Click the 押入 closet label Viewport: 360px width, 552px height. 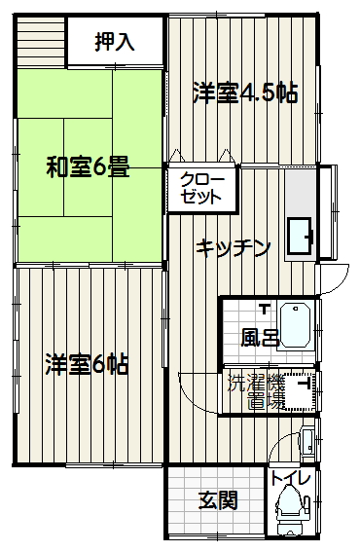click(115, 42)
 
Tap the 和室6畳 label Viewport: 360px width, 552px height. click(88, 166)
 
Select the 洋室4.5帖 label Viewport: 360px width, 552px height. click(245, 92)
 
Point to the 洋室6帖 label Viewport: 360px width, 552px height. click(87, 364)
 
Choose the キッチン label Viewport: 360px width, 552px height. click(233, 248)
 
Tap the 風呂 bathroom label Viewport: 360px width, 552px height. click(260, 338)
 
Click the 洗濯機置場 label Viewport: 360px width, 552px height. click(256, 391)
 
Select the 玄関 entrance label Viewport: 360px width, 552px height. click(218, 500)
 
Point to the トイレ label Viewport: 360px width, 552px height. click(290, 478)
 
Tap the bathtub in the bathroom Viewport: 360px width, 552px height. click(296, 325)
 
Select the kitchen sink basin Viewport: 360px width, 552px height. click(300, 236)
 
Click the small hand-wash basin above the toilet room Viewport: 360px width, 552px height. click(307, 442)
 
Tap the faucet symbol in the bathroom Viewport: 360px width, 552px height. click(264, 309)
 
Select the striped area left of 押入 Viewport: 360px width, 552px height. click(41, 41)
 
